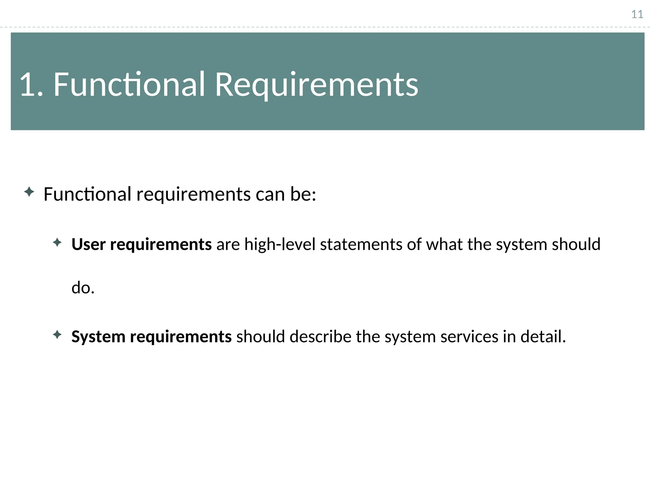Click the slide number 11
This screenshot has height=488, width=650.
click(637, 15)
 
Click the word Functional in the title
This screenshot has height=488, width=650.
click(129, 85)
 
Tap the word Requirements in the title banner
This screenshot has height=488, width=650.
click(316, 85)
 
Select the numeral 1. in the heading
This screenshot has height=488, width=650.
click(31, 85)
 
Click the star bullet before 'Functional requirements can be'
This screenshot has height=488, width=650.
click(29, 192)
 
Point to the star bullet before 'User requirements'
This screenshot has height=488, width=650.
click(57, 243)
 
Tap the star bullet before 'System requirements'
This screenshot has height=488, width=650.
click(57, 335)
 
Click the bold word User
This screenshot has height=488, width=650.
click(88, 244)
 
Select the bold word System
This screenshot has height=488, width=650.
click(98, 336)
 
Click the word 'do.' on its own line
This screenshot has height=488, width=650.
click(83, 288)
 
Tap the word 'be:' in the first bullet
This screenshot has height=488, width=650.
click(303, 194)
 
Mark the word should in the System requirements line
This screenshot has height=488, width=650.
click(261, 336)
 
